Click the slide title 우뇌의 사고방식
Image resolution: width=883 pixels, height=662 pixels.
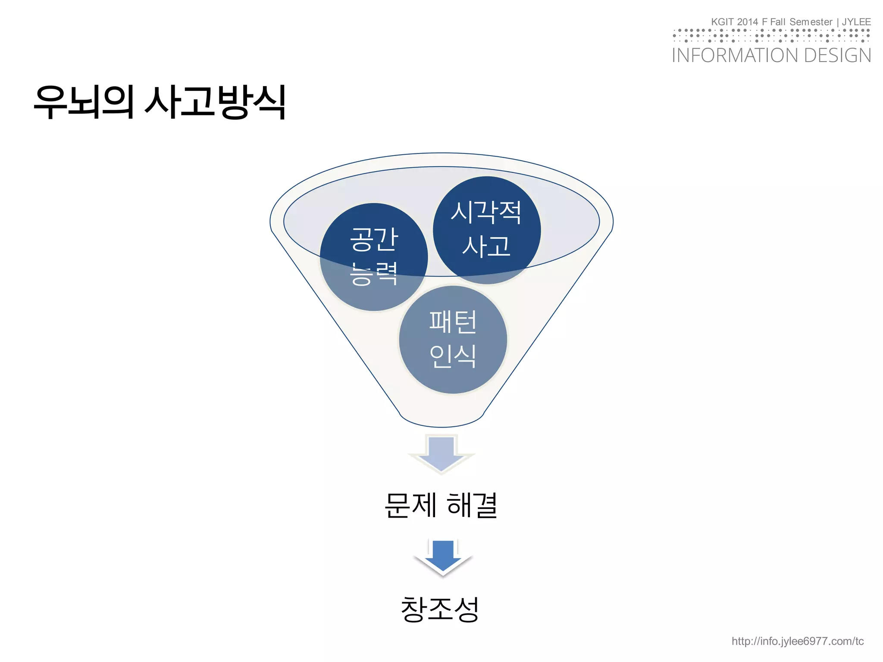tap(160, 102)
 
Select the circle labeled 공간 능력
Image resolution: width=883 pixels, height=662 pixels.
tap(373, 257)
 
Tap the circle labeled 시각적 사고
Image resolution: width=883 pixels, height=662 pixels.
tap(486, 230)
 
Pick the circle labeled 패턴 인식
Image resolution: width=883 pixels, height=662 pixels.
tap(453, 340)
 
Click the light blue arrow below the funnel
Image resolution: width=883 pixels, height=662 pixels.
tap(441, 453)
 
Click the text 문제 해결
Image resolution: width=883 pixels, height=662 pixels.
tap(441, 505)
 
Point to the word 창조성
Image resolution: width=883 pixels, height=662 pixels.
tap(440, 609)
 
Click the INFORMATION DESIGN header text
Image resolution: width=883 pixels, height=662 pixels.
tap(771, 56)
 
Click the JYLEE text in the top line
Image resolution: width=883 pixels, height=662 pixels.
tap(856, 22)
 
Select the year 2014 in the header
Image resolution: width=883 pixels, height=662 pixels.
tap(747, 22)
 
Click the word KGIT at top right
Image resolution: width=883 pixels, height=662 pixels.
tap(722, 22)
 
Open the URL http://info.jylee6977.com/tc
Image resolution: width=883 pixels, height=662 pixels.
tap(798, 641)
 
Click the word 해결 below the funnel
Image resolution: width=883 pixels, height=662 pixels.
tap(473, 505)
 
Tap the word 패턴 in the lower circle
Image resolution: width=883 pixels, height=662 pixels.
tap(453, 322)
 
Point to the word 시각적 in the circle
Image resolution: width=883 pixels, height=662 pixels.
tap(486, 212)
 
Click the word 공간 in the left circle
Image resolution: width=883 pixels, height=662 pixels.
tap(373, 239)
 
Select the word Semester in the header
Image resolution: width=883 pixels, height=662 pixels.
tap(811, 22)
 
